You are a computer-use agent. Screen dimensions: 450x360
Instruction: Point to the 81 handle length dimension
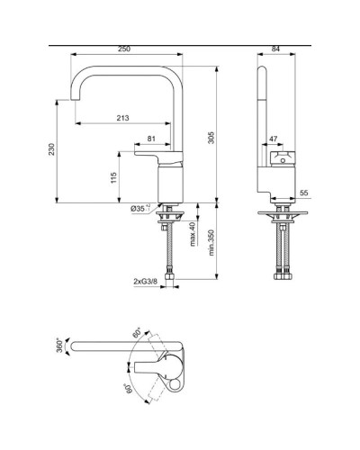(x=150, y=138)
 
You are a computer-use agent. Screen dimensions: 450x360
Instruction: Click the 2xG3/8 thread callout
(x=145, y=282)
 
